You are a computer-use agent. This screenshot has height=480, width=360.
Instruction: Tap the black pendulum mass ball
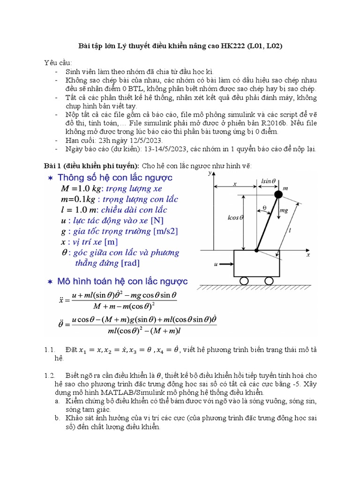[x=278, y=194]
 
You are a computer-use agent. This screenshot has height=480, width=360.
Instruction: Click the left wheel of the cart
[x=245, y=280]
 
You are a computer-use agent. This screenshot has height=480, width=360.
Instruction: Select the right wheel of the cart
[x=269, y=280]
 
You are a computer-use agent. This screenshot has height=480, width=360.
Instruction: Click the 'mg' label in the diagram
[x=284, y=211]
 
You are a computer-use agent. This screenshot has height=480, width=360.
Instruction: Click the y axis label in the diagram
[x=209, y=173]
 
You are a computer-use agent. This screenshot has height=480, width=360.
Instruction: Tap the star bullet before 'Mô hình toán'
[x=50, y=282]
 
